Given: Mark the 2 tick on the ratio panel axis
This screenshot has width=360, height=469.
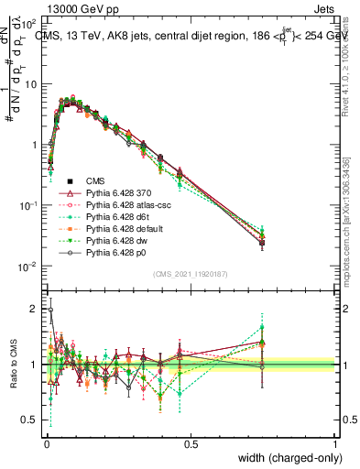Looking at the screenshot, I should [x=34, y=309].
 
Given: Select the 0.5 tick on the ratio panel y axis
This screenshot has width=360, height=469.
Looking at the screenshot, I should [x=29, y=420].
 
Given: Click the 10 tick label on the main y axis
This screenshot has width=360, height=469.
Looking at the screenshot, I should [x=30, y=83].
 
